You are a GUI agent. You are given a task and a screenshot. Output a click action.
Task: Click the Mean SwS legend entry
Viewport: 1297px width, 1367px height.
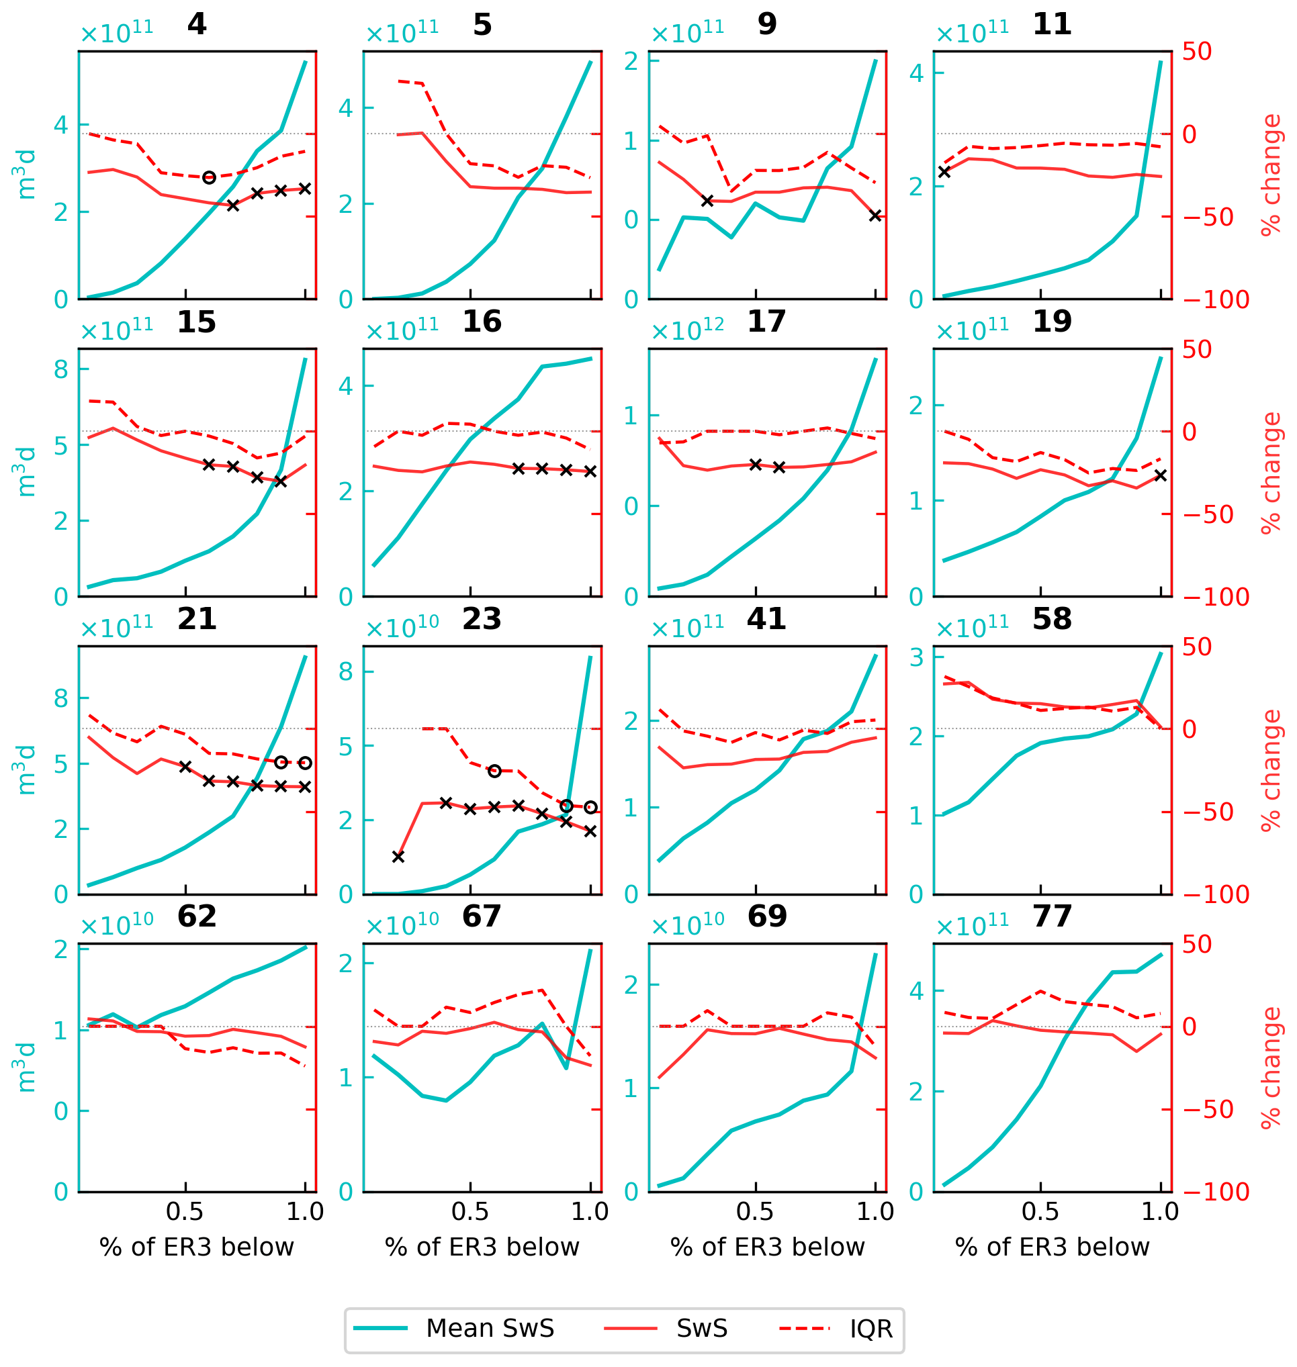[x=490, y=1327]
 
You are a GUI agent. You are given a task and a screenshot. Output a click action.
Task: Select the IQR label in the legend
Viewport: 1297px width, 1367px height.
[x=871, y=1328]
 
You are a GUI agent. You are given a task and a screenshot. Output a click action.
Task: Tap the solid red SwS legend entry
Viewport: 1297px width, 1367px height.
[x=701, y=1327]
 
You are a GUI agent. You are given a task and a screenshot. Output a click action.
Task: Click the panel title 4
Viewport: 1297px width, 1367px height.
[x=196, y=25]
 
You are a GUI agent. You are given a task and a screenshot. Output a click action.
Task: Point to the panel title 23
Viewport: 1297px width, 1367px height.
[x=481, y=619]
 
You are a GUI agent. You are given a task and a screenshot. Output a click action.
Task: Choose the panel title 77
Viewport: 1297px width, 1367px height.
[x=1052, y=916]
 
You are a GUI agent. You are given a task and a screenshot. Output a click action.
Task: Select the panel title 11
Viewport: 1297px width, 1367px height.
[x=1052, y=25]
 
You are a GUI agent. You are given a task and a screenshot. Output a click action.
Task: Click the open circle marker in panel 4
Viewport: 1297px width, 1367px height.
[x=210, y=178]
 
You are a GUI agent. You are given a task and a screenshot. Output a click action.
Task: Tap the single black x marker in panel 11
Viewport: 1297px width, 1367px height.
[x=944, y=172]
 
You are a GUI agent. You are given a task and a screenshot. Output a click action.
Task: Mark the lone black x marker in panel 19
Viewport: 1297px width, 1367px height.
[x=1161, y=475]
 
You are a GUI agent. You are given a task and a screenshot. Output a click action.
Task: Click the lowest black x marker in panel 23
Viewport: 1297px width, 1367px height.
[x=398, y=857]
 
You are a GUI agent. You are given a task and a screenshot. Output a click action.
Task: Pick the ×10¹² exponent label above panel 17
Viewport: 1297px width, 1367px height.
[x=687, y=330]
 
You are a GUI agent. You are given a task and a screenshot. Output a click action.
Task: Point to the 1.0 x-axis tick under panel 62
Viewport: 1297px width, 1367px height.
[x=305, y=1211]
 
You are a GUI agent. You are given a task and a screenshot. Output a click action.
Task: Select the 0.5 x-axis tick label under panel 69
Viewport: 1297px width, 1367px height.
[x=755, y=1211]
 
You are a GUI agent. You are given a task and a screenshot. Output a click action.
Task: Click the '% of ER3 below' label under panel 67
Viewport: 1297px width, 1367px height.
[x=482, y=1247]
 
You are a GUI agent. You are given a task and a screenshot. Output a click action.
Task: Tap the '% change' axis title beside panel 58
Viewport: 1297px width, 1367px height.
[x=1271, y=771]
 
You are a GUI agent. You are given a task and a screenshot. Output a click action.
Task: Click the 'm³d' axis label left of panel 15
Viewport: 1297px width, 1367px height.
[x=25, y=473]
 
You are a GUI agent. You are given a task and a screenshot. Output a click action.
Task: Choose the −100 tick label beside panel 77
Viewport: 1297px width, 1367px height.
[x=1216, y=1192]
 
